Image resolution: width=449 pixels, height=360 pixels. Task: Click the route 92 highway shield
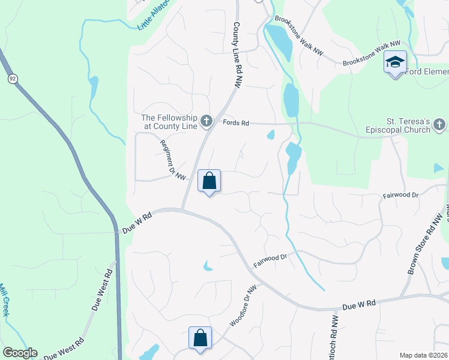pos(12,79)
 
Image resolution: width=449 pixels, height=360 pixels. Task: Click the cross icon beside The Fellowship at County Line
pos(206,122)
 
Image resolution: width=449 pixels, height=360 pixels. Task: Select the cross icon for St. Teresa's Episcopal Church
pos(440,125)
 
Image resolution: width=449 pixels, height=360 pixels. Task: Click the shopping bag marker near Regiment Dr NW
pos(209,181)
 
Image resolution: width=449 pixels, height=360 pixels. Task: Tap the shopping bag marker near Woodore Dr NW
pos(200,338)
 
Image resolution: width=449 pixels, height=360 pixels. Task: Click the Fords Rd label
pos(235,123)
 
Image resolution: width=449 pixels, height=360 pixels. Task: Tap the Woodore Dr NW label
pos(243,306)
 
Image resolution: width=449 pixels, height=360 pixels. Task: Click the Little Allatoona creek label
pos(154,15)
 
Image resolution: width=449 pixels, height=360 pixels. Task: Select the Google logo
pos(20,353)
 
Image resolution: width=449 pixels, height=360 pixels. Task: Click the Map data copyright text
pos(423,355)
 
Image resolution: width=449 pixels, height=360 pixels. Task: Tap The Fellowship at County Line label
pos(170,122)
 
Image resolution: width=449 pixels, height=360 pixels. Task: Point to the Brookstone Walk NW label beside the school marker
pos(370,53)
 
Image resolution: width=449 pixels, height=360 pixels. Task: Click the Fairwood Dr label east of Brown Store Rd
pos(400,196)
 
